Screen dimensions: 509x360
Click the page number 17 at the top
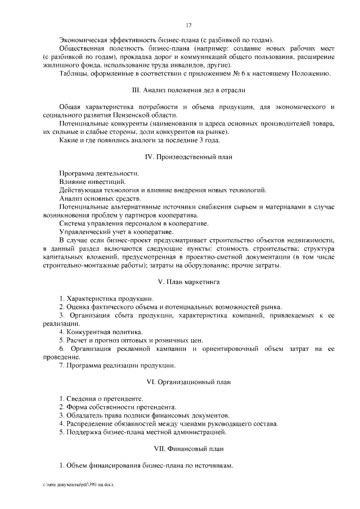tap(189, 25)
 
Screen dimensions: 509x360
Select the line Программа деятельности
tap(99, 173)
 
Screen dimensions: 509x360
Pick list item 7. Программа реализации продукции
tap(115, 366)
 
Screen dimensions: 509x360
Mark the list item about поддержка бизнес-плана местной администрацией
tap(143, 433)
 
